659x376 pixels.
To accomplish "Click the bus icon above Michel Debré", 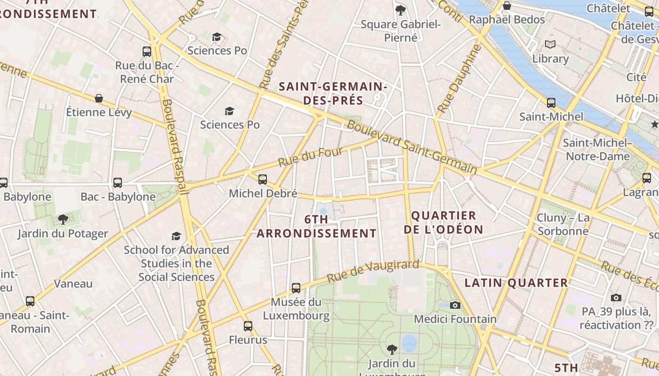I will [263, 179].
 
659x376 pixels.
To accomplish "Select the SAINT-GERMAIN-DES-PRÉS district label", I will [333, 93].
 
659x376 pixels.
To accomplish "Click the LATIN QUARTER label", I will [516, 282].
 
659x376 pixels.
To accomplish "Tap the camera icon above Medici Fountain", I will [455, 305].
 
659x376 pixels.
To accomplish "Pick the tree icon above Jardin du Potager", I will [63, 219].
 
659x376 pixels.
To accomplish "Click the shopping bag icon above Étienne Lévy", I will [99, 98].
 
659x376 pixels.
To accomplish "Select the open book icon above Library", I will [550, 44].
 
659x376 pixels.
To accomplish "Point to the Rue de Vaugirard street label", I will [373, 271].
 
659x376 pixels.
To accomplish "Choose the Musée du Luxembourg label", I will [296, 309].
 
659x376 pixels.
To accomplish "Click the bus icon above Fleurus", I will [248, 326].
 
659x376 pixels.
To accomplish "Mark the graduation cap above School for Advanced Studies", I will [177, 235].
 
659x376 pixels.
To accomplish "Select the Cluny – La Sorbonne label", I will [563, 224].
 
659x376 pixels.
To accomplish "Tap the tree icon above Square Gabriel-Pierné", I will [401, 9].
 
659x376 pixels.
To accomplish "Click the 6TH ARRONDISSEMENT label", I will [316, 226].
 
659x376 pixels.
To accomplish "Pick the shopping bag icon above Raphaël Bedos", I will [507, 6].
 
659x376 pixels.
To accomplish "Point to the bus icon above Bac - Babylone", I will [118, 182].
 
